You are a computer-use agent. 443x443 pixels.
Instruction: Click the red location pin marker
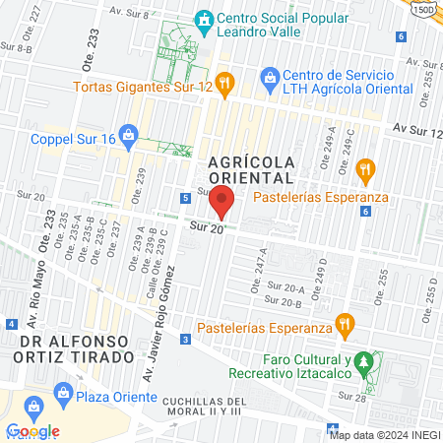(x=222, y=201)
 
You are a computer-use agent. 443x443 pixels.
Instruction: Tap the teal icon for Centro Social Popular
(x=204, y=20)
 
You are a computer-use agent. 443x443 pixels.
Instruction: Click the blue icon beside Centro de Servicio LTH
(x=269, y=76)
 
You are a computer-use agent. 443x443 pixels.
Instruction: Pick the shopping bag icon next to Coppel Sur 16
(x=126, y=134)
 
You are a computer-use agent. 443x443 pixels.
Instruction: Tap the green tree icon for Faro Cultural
(x=364, y=361)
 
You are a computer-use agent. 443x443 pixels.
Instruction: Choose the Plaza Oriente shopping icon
(x=32, y=406)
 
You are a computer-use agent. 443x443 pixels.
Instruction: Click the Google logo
(x=32, y=431)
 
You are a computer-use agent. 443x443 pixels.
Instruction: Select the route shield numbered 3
(x=186, y=340)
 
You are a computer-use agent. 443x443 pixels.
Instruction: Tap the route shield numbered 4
(x=11, y=323)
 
